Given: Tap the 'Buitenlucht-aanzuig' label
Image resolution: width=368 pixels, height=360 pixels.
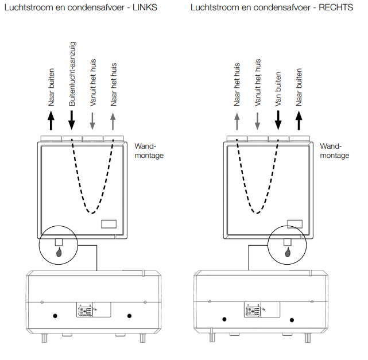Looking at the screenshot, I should pos(72,73).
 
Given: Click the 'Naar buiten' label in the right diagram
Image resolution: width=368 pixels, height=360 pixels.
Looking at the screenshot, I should pos(299,87).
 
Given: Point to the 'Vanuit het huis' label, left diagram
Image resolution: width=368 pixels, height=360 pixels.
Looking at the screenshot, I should pos(93,80).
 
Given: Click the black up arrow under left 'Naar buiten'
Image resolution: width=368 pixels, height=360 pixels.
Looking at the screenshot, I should pos(51,121).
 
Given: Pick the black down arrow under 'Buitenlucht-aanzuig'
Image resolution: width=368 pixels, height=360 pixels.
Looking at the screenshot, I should pos(72,121).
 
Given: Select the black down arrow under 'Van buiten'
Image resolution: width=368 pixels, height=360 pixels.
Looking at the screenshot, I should pos(278,121).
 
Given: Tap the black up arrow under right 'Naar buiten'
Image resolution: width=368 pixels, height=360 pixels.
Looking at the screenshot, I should pos(299,121).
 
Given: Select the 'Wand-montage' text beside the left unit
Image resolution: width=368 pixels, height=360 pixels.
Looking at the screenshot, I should pos(148,150).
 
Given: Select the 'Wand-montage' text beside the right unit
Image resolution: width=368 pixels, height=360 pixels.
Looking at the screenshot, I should pos(334,150).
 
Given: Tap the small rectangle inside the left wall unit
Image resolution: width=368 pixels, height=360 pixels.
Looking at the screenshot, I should pos(109,224).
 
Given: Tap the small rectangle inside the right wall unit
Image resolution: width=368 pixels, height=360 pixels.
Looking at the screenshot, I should pos(295,224).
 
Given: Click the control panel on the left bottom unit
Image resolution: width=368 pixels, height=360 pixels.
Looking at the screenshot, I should pos(86,311).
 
